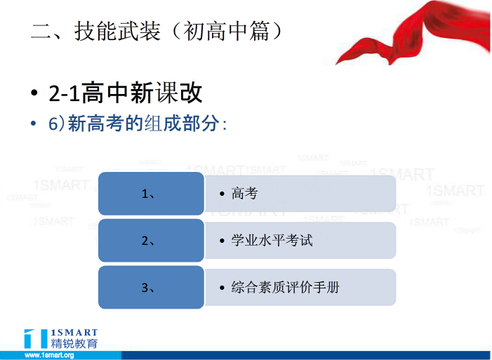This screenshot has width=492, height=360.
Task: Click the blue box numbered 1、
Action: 151,194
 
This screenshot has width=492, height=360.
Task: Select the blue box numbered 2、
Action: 151,241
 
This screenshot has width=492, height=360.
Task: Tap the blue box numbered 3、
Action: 151,287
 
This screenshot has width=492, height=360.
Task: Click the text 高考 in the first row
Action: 244,194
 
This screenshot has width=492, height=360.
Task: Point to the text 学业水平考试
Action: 272,241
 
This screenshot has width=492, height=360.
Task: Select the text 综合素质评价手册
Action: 285,287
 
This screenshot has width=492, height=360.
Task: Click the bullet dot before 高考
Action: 222,194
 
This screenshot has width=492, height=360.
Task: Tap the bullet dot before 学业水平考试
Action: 222,241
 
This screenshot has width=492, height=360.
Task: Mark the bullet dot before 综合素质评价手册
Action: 222,288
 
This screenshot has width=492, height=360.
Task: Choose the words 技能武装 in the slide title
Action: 117,32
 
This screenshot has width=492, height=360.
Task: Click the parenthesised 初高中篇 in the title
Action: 226,32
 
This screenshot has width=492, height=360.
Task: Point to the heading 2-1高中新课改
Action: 126,93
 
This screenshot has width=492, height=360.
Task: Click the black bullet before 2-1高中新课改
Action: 34,93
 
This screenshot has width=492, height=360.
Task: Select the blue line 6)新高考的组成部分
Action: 138,123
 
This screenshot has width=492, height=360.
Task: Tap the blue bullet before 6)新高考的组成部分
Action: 33,124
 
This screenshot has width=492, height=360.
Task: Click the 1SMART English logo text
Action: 74,333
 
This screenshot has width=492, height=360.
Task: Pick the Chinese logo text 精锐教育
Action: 74,343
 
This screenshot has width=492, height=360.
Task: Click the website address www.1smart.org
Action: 49,355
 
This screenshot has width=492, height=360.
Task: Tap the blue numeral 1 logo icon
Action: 36,338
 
